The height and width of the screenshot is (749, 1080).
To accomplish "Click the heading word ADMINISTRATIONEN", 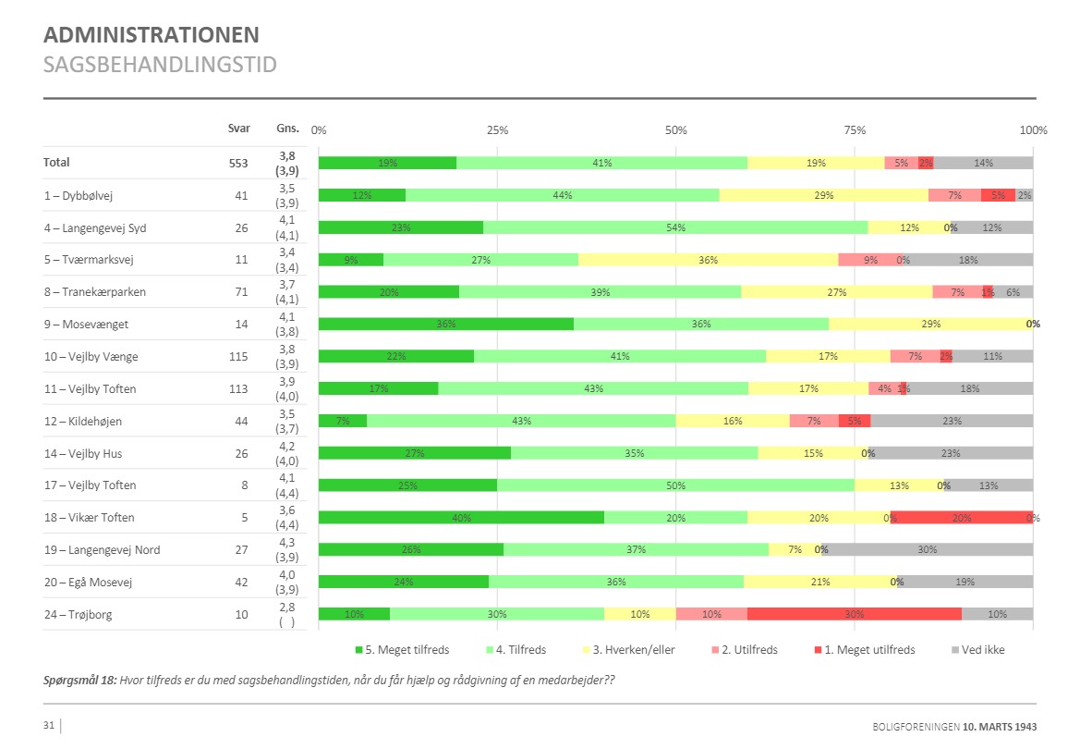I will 152,36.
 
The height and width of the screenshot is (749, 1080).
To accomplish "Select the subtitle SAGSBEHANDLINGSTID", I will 160,65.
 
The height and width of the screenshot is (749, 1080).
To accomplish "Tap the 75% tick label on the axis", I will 855,130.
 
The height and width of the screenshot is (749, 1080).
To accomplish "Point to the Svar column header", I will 238,129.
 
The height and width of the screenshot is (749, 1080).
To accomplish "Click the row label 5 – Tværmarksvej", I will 89,260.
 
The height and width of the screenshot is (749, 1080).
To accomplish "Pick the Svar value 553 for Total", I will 238,163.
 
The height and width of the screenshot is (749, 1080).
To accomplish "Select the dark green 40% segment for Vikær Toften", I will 461,518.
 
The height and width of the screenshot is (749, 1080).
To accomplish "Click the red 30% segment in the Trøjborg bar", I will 854,614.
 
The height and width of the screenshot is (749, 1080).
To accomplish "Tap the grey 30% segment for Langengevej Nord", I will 927,550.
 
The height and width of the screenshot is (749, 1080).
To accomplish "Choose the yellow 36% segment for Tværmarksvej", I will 708,260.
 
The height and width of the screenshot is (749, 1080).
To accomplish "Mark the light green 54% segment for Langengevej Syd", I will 675,227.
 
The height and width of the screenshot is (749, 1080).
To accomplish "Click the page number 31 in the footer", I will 49,726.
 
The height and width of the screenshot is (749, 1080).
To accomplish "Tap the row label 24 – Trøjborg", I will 77,615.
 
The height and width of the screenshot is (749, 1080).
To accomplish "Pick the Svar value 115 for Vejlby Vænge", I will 238,357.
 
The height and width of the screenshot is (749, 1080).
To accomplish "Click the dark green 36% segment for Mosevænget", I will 446,325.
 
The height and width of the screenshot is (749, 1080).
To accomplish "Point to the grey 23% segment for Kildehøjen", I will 952,421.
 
